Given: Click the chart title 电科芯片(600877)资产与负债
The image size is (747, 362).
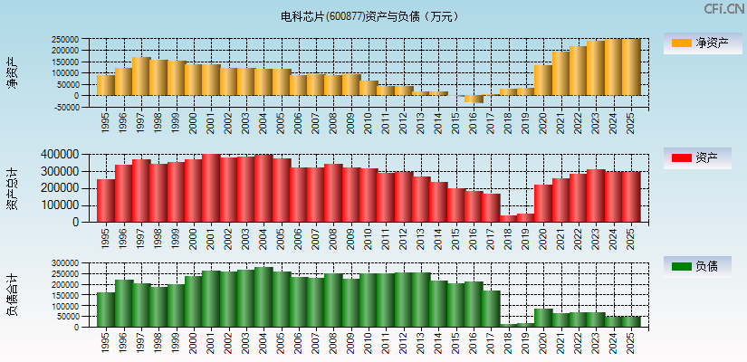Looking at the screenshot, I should tap(369, 16).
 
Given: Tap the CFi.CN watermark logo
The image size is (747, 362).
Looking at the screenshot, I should tap(723, 8).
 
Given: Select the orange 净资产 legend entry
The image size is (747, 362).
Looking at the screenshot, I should tap(699, 43).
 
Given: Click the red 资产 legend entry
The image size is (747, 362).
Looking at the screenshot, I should tap(699, 158).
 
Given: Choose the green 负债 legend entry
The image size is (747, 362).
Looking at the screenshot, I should tap(699, 266).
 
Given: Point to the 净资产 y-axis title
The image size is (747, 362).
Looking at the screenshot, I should tap(12, 72).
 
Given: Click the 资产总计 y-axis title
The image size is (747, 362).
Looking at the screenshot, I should tap(12, 187).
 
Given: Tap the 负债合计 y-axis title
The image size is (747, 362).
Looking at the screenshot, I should tap(12, 294).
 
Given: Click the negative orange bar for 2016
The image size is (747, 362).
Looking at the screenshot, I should tap(473, 99).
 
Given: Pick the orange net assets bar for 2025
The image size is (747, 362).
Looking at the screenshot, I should tap(630, 67).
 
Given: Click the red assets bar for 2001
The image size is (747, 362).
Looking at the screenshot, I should tap(211, 188).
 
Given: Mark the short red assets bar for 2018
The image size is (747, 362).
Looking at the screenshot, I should tap(508, 218).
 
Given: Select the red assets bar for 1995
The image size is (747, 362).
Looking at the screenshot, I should tap(106, 200).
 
